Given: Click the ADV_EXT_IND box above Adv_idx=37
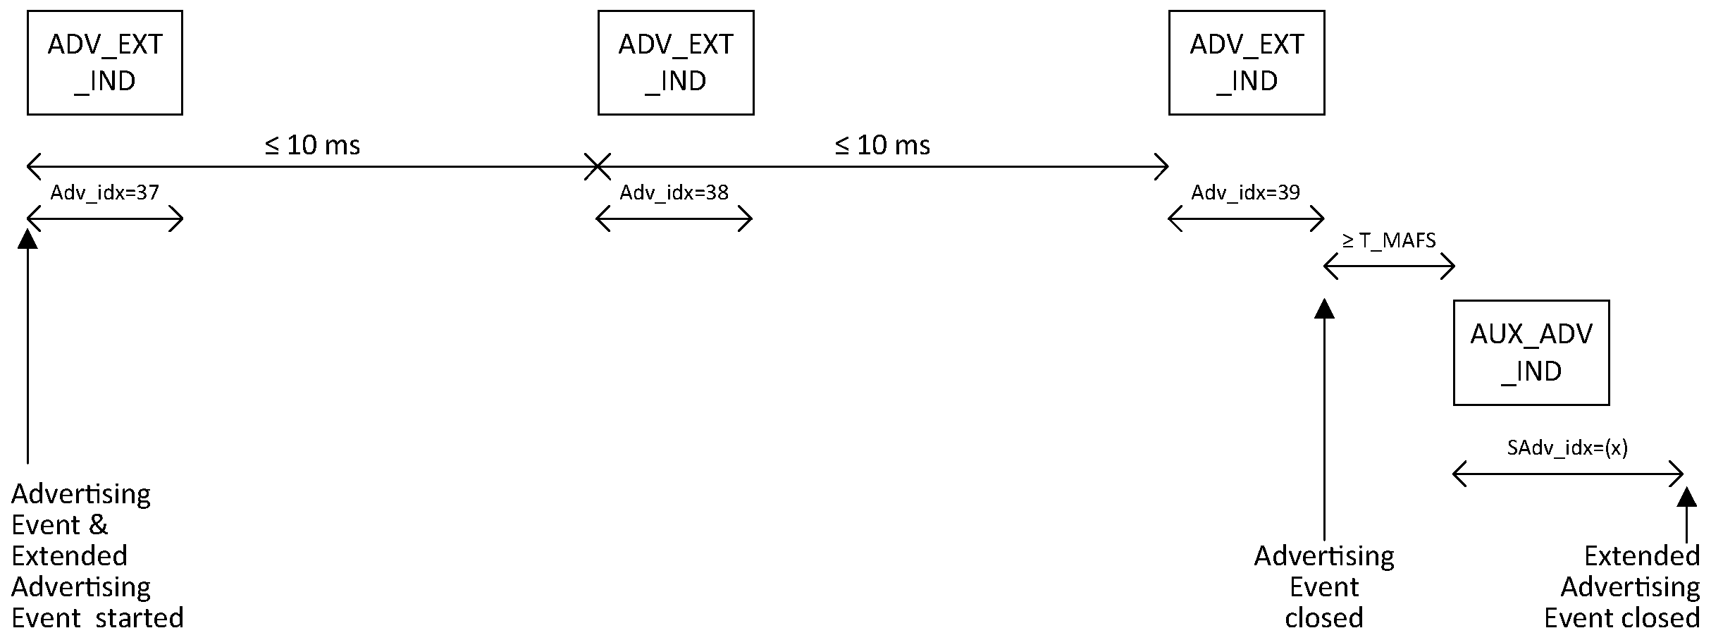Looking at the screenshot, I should tap(105, 63).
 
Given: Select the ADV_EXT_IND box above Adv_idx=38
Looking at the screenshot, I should tap(676, 63).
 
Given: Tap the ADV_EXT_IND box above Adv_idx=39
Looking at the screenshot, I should tap(1247, 63).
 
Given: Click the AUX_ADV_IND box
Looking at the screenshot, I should tap(1531, 352).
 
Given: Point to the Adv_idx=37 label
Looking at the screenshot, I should tap(105, 192).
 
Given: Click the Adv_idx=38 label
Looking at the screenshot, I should tap(674, 192).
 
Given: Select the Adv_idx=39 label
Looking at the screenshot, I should tap(1245, 192).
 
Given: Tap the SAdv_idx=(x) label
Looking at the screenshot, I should tap(1567, 448).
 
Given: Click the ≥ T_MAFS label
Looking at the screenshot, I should tap(1389, 241).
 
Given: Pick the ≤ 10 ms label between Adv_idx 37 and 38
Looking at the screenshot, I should tap(312, 145).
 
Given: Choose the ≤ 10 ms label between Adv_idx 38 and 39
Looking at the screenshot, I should tap(882, 145).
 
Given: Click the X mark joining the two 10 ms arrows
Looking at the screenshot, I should tap(597, 167).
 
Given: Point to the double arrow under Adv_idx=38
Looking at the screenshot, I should tap(674, 219).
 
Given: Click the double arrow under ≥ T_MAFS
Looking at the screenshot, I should tap(1389, 267).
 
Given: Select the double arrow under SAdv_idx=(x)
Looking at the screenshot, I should tap(1568, 474).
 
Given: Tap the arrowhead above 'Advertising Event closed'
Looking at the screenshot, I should tap(1325, 309).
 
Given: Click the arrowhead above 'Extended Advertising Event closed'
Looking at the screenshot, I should tap(1686, 497).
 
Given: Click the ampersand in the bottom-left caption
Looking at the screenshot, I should tap(99, 525).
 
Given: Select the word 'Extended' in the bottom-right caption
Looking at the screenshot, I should tap(1641, 556).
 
